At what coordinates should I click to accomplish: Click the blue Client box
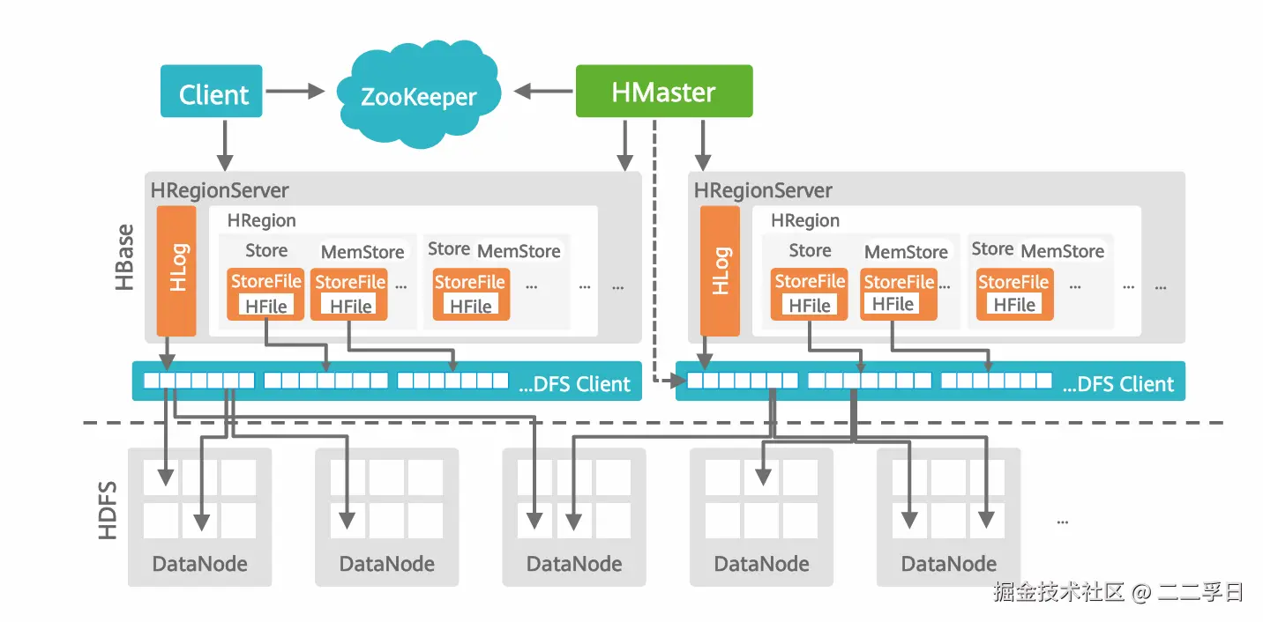coord(212,92)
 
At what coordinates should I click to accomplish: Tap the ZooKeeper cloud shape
coord(418,95)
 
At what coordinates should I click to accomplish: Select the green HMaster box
coord(663,91)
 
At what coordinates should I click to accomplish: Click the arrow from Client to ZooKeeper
coord(295,91)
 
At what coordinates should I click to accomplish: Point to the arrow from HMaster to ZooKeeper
coord(543,91)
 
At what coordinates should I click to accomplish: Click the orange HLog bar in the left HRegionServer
coord(176,270)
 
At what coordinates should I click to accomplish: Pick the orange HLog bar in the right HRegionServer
coord(720,270)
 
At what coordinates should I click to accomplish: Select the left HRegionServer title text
coord(220,189)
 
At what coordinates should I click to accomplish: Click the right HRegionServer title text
coord(763,189)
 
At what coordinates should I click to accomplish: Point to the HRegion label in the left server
coord(262,220)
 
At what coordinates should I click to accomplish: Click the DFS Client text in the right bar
coord(1118,384)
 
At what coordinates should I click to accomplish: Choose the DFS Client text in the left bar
coord(575,384)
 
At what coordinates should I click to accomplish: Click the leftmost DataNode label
coord(199,564)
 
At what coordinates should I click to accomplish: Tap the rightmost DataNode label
coord(948,564)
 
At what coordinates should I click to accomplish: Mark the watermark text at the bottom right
coord(1117,592)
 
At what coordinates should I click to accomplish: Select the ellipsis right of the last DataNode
coord(1062,520)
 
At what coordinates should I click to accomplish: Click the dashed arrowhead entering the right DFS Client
coord(678,381)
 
